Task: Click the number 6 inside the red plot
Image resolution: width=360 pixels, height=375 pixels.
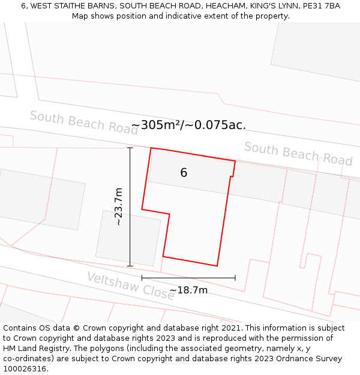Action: click(x=184, y=173)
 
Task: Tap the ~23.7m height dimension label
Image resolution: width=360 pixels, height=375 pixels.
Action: click(x=119, y=206)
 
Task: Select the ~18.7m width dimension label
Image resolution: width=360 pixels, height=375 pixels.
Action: click(x=188, y=290)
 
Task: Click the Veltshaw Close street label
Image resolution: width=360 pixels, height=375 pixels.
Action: click(x=130, y=286)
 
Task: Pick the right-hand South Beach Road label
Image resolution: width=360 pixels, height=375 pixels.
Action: click(x=298, y=154)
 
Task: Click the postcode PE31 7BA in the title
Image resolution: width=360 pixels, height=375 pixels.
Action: click(x=321, y=6)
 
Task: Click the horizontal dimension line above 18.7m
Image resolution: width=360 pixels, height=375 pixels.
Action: click(x=188, y=278)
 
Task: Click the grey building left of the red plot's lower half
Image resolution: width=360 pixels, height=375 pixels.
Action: click(x=128, y=238)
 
